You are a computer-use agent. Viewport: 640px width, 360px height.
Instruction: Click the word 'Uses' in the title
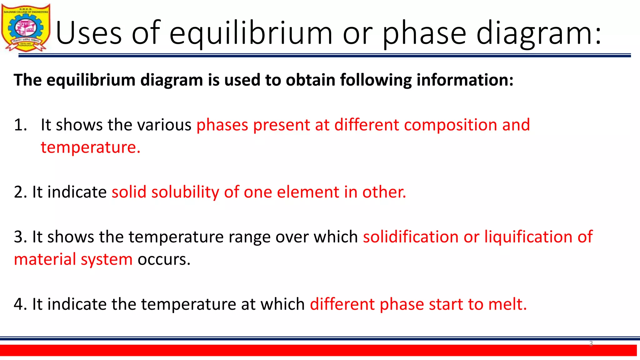tap(89, 33)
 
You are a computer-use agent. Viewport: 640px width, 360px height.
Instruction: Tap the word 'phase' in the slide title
tap(424, 33)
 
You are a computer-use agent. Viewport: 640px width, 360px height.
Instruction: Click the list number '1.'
tap(21, 125)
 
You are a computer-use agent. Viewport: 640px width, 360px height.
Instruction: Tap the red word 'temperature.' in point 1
tap(91, 147)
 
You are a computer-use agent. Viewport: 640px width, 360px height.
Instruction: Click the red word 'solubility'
tap(185, 192)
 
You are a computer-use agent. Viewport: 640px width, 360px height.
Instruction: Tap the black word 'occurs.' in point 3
tap(164, 259)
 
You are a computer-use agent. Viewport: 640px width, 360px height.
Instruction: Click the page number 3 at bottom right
tap(591, 343)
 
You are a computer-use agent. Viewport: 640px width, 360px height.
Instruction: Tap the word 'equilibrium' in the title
tap(251, 33)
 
